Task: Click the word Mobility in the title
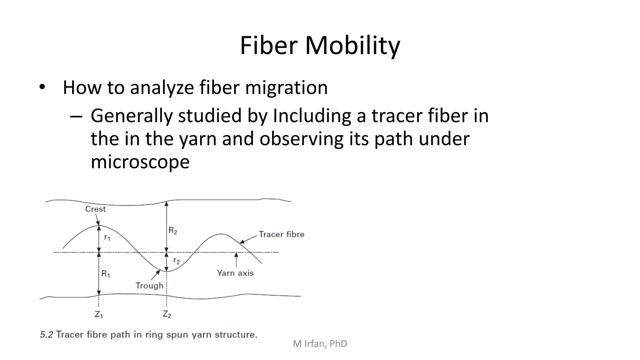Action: tap(352, 46)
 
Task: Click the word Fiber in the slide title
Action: tap(268, 46)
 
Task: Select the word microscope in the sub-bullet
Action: tap(140, 162)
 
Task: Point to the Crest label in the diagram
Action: tap(95, 209)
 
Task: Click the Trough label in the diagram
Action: tap(149, 286)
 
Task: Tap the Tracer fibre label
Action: tap(281, 234)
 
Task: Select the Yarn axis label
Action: tap(235, 273)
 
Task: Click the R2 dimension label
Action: tap(173, 231)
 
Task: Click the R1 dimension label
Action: tap(106, 274)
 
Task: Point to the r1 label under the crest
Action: tap(107, 238)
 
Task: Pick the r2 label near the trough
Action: tap(177, 261)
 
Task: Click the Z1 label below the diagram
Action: tap(99, 314)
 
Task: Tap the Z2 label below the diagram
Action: tap(167, 314)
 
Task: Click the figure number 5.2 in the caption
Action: tap(47, 335)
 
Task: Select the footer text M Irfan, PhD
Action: tap(320, 344)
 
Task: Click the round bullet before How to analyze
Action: tap(42, 87)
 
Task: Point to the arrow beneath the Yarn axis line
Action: tap(236, 259)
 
